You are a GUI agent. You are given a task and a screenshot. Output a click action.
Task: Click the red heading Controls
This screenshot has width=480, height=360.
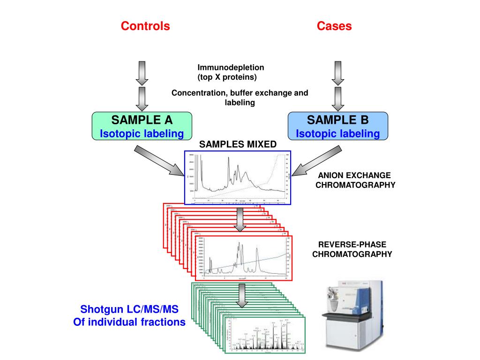[x=145, y=26]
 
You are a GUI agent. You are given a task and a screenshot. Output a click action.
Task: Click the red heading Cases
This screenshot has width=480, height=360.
[x=334, y=26]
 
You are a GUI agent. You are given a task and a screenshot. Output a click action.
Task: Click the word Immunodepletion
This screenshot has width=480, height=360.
[x=231, y=67]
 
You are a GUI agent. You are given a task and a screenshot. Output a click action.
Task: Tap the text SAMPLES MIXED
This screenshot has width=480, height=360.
[x=238, y=144]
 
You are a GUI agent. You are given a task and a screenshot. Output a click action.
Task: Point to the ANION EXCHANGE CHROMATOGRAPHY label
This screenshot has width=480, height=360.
[x=355, y=180]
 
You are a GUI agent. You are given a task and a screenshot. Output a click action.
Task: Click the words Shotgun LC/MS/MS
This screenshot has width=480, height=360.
[x=129, y=310]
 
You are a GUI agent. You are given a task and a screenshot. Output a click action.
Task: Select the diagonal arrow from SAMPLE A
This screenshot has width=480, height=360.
[x=159, y=161]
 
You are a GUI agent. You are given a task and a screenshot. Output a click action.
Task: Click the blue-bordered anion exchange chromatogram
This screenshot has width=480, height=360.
[x=238, y=178]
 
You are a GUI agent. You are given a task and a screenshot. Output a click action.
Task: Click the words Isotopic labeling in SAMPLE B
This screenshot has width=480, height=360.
[x=337, y=134]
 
